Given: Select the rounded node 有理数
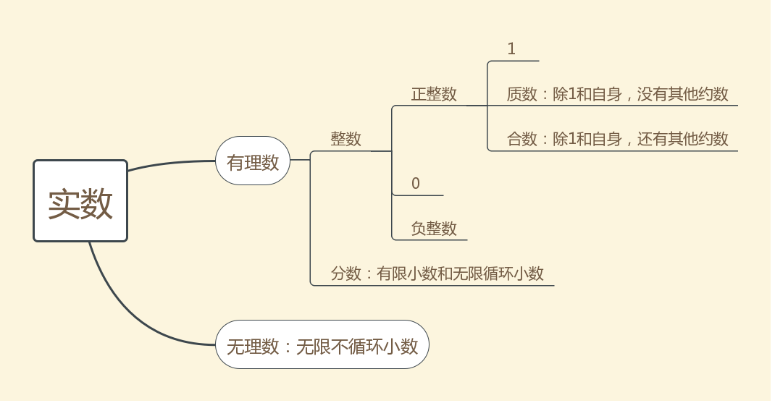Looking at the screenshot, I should (x=253, y=161).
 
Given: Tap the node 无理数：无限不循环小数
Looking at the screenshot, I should (x=322, y=345).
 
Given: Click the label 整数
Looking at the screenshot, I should (x=346, y=139).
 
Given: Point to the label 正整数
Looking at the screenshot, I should (x=434, y=94).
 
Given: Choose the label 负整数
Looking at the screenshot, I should (x=434, y=229).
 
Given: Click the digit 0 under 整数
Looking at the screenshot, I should (x=416, y=184).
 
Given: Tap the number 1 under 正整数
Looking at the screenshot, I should (x=511, y=49).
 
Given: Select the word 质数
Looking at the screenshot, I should (x=521, y=94).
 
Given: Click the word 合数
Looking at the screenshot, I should (x=521, y=139).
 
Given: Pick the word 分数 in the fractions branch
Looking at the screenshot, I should (x=345, y=273).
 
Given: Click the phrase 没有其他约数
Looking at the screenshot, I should (x=682, y=94).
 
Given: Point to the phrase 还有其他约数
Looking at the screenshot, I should (x=682, y=139).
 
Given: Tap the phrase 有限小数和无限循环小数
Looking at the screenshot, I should (x=460, y=273).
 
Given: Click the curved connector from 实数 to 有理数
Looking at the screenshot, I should (x=170, y=164).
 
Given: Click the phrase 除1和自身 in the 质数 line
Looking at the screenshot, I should (x=587, y=94).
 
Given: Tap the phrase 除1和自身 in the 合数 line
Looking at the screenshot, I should (x=587, y=139).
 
